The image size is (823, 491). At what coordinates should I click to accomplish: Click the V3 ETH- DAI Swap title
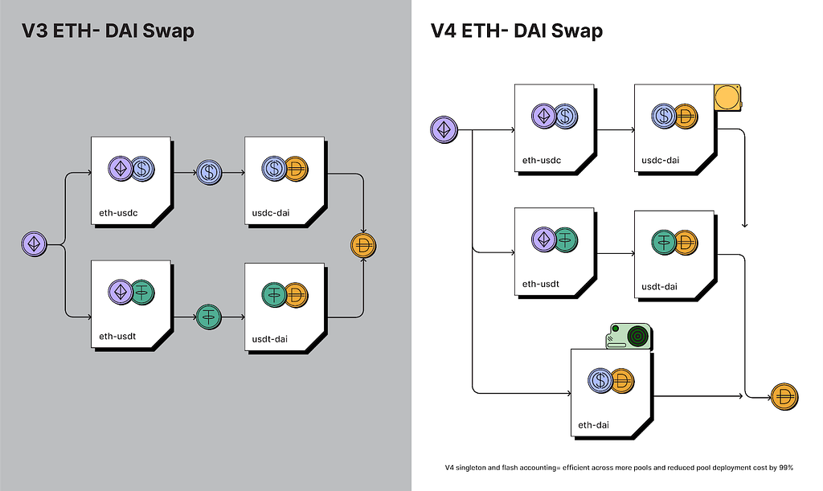pos(108,32)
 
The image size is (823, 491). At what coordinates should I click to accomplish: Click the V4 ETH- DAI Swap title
pos(517,32)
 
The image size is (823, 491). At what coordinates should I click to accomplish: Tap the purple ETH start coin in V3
pos(35,243)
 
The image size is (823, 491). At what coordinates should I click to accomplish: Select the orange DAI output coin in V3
pos(364,244)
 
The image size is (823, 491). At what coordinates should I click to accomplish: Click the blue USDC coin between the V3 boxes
pos(209,171)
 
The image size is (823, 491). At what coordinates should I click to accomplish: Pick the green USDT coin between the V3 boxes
pos(209,317)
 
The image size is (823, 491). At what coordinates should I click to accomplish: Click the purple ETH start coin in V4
pos(444,129)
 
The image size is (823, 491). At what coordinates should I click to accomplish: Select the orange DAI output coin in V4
pos(784,396)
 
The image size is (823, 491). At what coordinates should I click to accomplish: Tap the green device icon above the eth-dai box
pos(631,336)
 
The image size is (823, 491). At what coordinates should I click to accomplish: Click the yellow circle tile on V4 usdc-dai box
pos(727,98)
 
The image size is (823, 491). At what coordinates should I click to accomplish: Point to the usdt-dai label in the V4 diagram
pos(661,286)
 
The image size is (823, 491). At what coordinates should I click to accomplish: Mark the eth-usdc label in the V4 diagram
pos(541,160)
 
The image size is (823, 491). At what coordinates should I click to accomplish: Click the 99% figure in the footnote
pos(785,468)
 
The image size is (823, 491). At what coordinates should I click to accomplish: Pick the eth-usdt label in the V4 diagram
pos(540,284)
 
